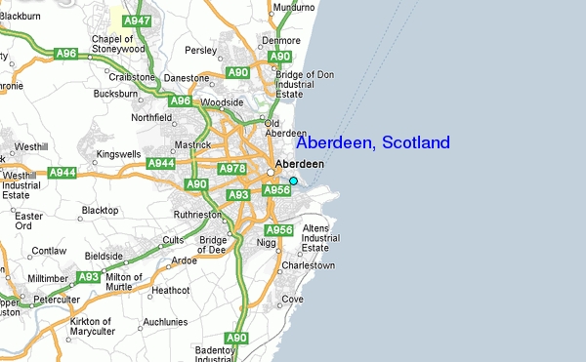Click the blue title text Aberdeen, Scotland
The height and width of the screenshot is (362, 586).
pyautogui.click(x=372, y=143)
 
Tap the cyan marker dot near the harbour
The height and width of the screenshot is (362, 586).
pyautogui.click(x=293, y=181)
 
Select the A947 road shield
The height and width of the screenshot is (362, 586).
pyautogui.click(x=139, y=20)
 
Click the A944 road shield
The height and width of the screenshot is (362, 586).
pyautogui.click(x=63, y=172)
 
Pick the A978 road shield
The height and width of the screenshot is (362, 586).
pyautogui.click(x=232, y=169)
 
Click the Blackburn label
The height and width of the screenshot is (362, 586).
pyautogui.click(x=20, y=17)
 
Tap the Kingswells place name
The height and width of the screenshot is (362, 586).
pyautogui.click(x=118, y=153)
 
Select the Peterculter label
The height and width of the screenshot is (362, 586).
pyautogui.click(x=56, y=299)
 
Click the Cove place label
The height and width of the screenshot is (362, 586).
pyautogui.click(x=292, y=299)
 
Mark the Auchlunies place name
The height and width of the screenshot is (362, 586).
pyautogui.click(x=165, y=321)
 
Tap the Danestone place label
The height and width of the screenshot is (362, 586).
pyautogui.click(x=187, y=77)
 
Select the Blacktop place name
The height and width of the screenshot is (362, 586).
pyautogui.click(x=99, y=210)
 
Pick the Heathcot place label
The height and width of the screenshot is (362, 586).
pyautogui.click(x=170, y=290)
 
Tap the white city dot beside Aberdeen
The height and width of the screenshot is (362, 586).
pyautogui.click(x=271, y=172)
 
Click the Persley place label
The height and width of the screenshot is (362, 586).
pyautogui.click(x=199, y=50)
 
